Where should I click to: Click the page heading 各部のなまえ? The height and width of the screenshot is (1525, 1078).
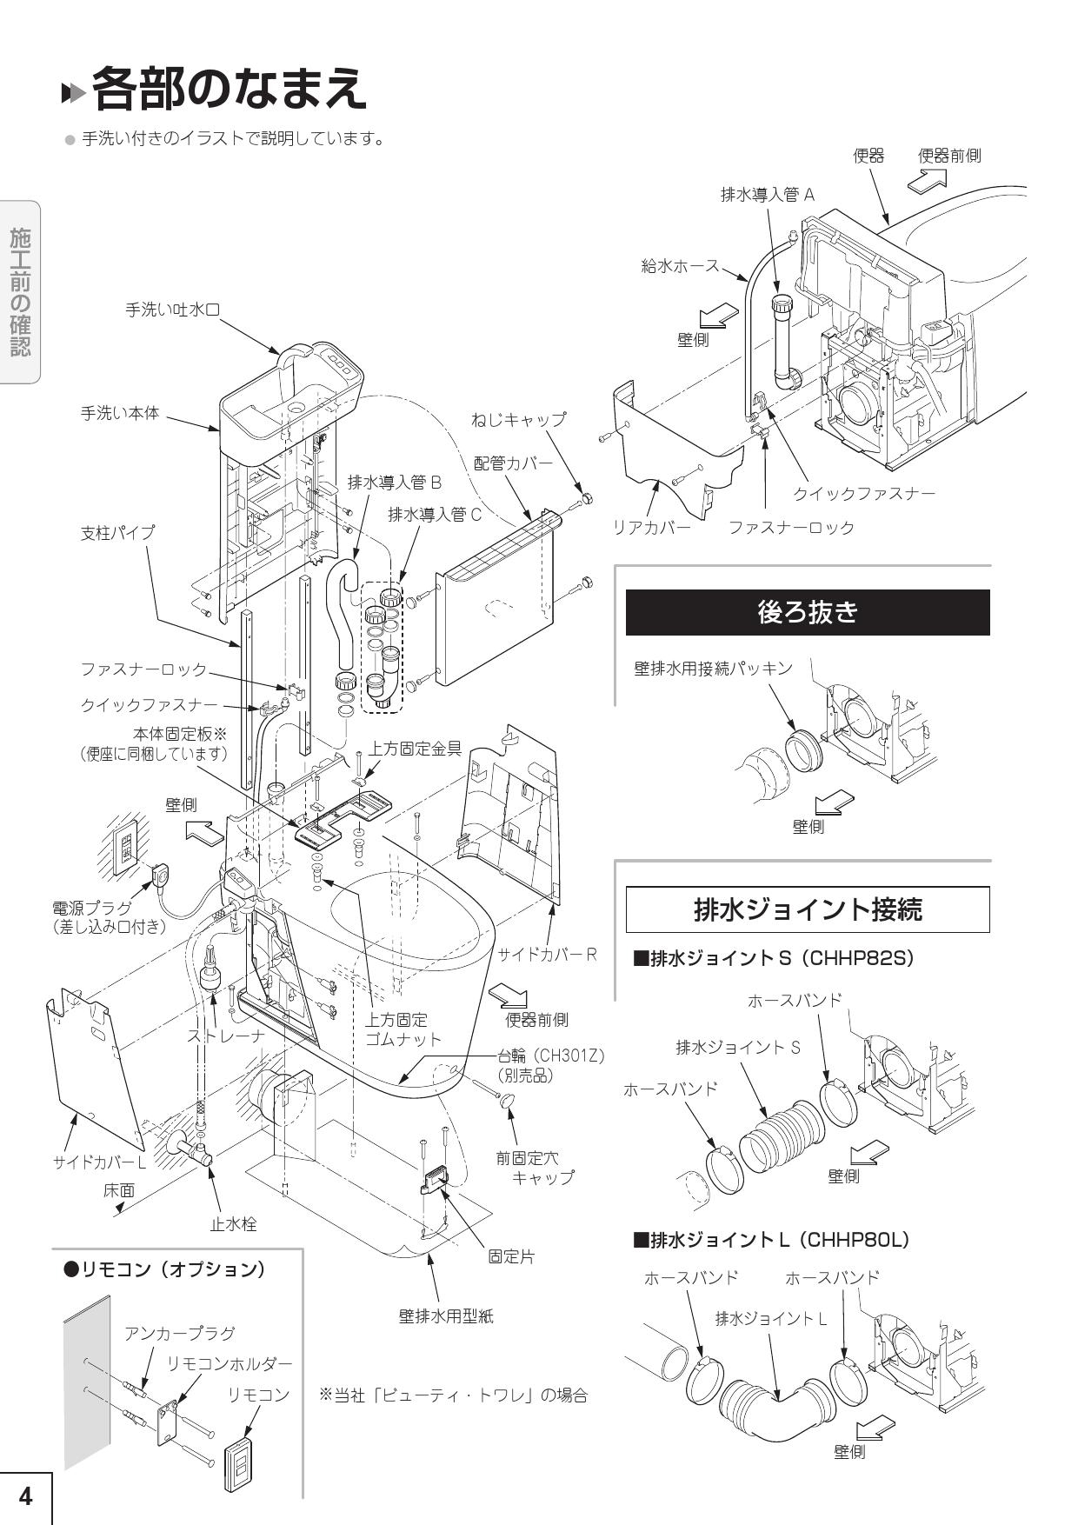click(228, 88)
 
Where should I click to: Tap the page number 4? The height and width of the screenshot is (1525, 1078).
click(25, 1495)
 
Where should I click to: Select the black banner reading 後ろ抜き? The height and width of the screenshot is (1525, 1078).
click(808, 612)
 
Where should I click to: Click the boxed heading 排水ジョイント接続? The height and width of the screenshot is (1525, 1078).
click(808, 909)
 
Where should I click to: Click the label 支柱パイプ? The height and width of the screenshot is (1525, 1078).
click(117, 532)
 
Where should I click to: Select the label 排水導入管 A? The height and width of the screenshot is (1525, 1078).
click(768, 194)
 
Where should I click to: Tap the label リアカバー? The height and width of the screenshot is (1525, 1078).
click(652, 527)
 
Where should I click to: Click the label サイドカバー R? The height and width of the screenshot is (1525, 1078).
click(547, 954)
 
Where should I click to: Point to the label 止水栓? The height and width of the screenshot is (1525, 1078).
click(233, 1223)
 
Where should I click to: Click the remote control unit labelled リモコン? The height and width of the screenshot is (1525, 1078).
click(236, 1468)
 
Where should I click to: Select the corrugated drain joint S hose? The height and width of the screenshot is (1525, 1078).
click(780, 1130)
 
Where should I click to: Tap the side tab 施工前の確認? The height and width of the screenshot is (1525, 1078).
click(20, 292)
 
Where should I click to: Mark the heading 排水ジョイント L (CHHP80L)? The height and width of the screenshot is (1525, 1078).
click(771, 1239)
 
